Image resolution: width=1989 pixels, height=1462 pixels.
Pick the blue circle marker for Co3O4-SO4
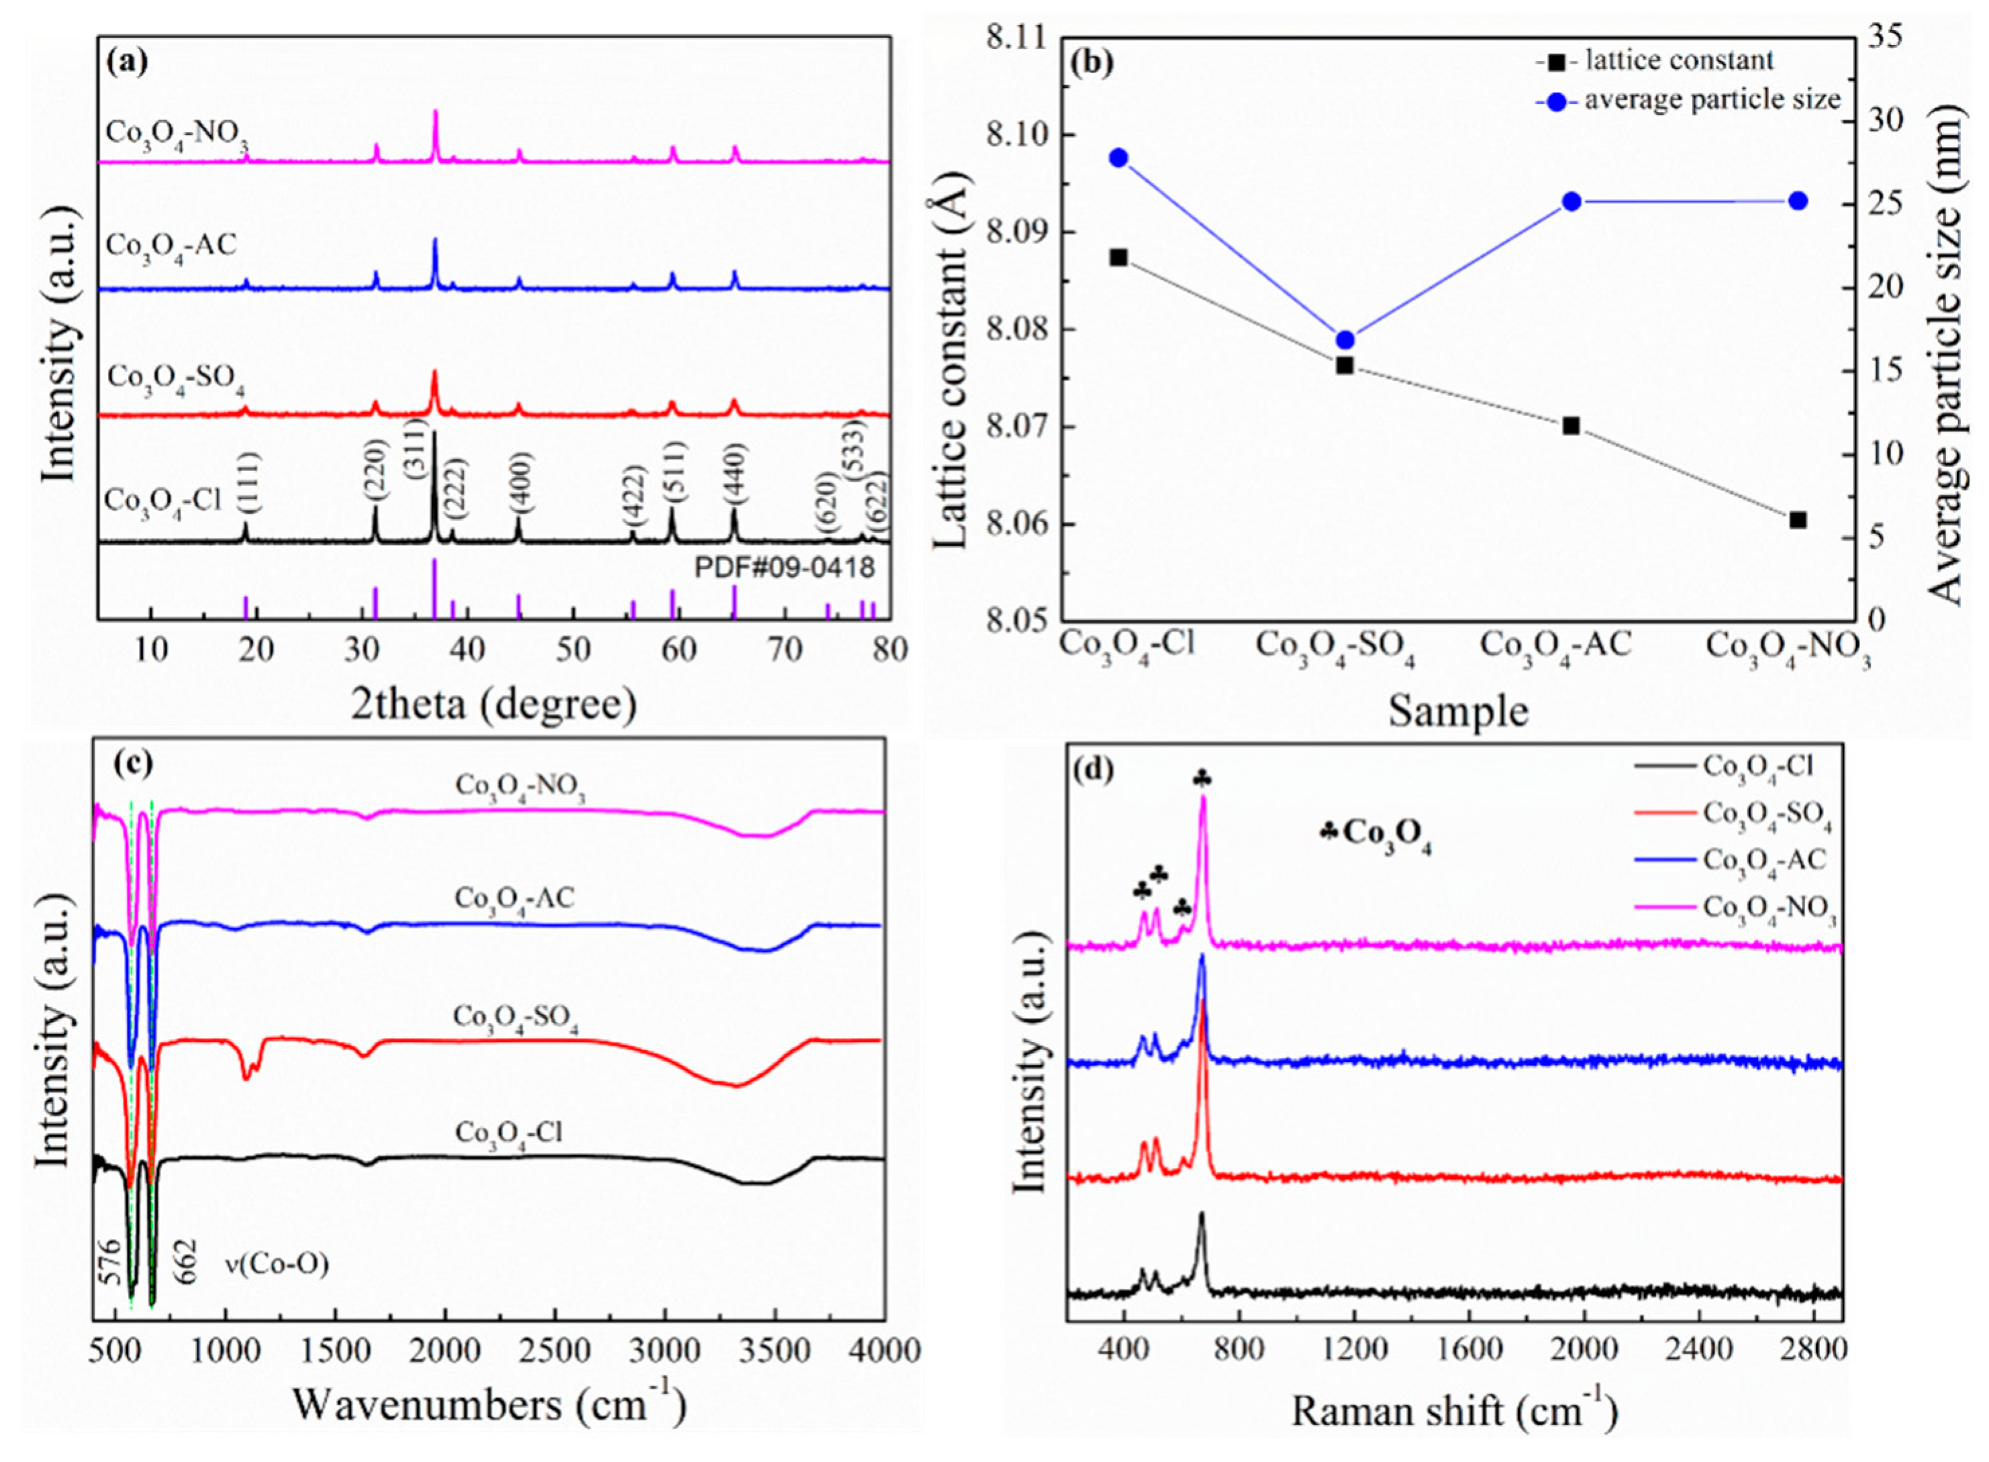click(1345, 340)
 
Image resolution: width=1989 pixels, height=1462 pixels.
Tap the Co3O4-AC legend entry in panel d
click(1764, 858)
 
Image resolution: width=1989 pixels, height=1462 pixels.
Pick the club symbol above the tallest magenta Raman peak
click(1201, 778)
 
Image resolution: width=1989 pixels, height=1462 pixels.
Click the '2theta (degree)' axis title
click(493, 704)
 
